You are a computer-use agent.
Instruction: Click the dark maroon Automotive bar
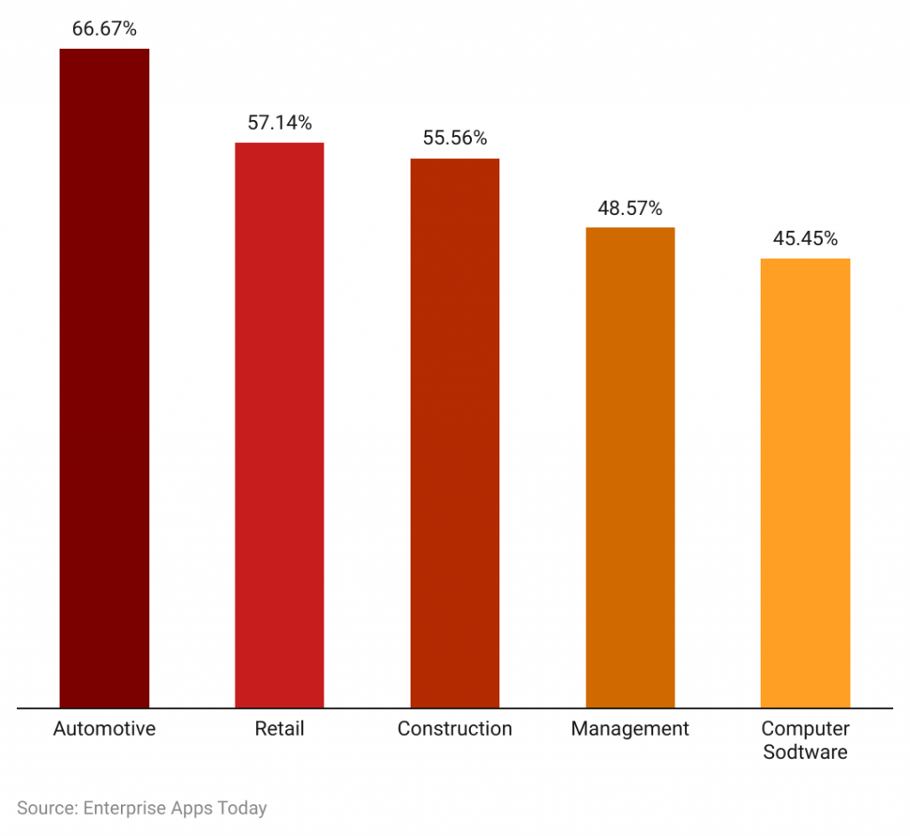click(104, 378)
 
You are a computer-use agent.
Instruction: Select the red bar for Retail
click(279, 425)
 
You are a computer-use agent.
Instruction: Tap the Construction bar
click(454, 433)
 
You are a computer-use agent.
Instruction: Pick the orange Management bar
click(630, 467)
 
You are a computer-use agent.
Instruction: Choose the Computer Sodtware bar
click(805, 482)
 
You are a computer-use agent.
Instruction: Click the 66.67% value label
click(104, 29)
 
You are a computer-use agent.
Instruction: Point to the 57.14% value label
click(279, 123)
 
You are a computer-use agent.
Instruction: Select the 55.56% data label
click(454, 139)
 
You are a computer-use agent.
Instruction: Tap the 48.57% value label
click(630, 209)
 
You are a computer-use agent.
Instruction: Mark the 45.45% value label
click(805, 239)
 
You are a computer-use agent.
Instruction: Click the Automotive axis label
click(104, 729)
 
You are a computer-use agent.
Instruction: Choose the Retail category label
click(279, 729)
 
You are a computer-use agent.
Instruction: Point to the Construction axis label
click(454, 729)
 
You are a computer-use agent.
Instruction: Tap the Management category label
click(630, 729)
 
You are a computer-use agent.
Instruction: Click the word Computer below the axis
click(805, 729)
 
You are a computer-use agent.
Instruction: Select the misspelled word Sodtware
click(805, 752)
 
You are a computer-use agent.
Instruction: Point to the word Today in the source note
click(242, 808)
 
